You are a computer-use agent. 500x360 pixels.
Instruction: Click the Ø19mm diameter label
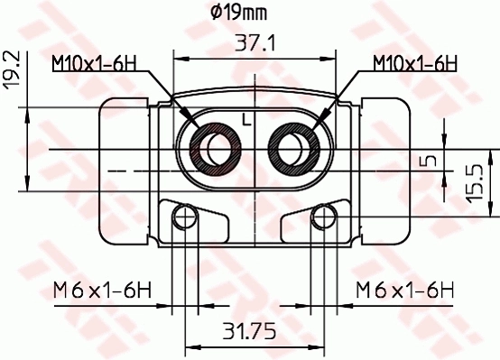[x=237, y=13]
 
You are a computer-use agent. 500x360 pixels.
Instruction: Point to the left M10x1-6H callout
[x=93, y=63]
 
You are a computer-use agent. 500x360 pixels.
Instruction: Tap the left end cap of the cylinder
[x=123, y=170]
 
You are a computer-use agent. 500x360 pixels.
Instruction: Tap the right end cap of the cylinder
[x=385, y=170]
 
